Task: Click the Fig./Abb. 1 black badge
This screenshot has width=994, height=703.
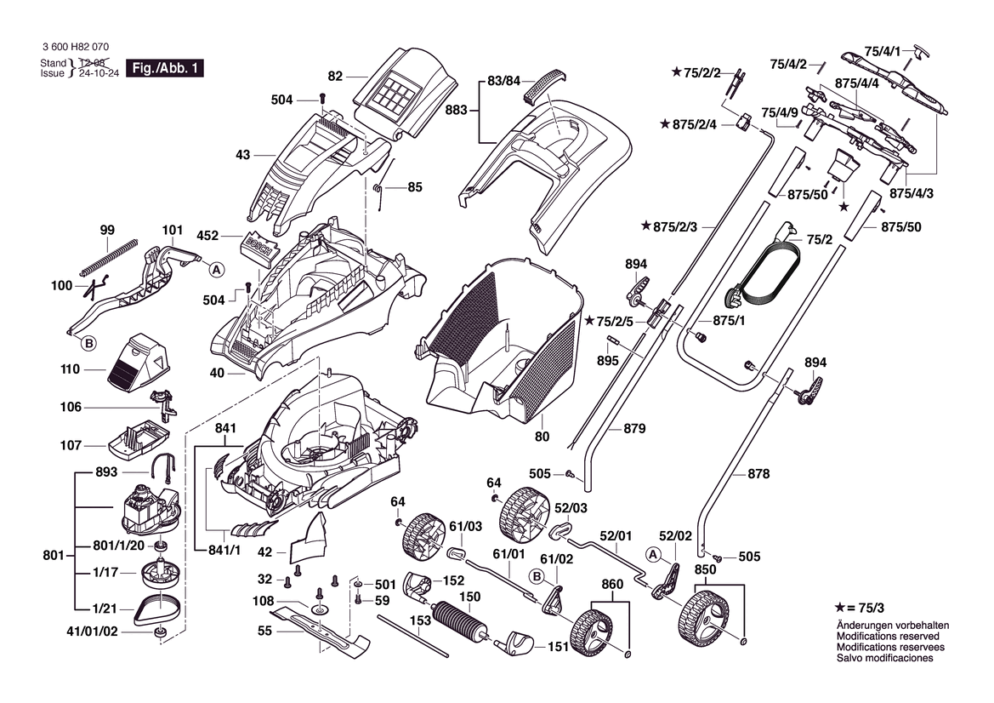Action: pos(164,68)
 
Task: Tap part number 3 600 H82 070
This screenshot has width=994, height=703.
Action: pos(74,48)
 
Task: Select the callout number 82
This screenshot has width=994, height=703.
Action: pos(335,77)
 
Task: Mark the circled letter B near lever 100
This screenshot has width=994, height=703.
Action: pos(87,344)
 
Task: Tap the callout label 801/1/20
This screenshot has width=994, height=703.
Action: pos(118,546)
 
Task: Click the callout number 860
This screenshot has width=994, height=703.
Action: pos(612,584)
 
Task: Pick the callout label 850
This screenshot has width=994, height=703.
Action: pos(705,569)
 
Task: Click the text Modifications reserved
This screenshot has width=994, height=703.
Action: pos(888,636)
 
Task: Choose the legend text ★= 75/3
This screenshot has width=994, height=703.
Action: pos(861,608)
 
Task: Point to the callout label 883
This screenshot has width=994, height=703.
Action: pos(457,111)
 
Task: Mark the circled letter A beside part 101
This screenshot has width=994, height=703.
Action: pos(217,269)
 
